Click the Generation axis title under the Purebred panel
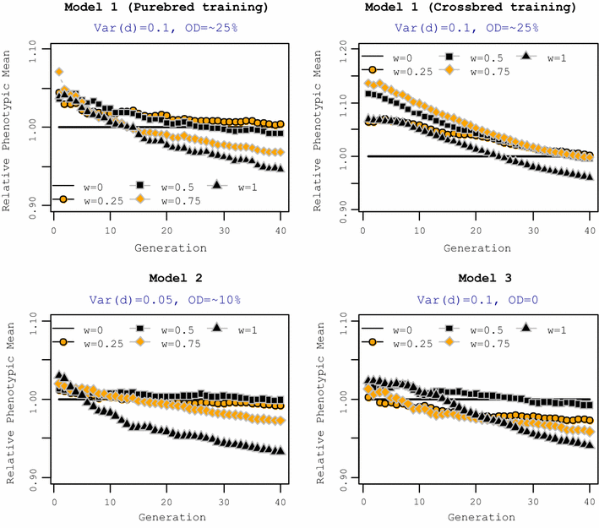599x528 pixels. pyautogui.click(x=169, y=248)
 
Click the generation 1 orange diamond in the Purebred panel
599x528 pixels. pyautogui.click(x=59, y=73)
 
